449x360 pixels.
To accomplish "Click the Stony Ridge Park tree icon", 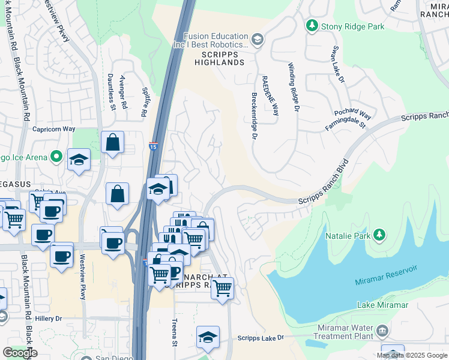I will pyautogui.click(x=312, y=25).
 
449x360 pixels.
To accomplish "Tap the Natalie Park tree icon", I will pyautogui.click(x=379, y=235).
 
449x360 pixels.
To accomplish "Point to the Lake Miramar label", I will pyautogui.click(x=382, y=305).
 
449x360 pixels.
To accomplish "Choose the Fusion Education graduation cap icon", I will pyautogui.click(x=258, y=40).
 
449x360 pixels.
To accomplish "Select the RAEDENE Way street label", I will pyautogui.click(x=272, y=95).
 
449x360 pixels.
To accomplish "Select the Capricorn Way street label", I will pyautogui.click(x=53, y=128).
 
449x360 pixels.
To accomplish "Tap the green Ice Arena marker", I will pyautogui.click(x=56, y=157).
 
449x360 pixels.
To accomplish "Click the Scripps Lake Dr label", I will pyautogui.click(x=261, y=338).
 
